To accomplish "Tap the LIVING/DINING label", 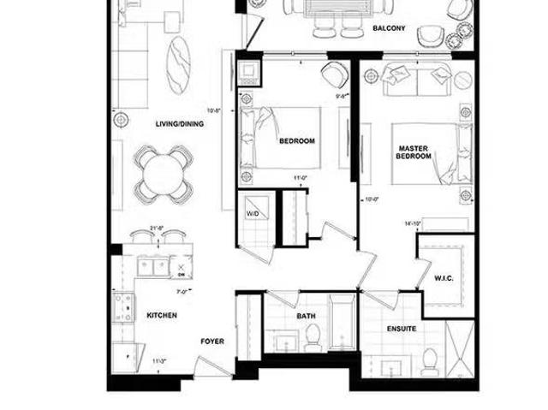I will (179, 123).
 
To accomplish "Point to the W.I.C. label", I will (444, 277).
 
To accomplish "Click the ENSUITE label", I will (402, 328).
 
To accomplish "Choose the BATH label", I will (306, 316).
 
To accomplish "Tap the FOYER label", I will (212, 342).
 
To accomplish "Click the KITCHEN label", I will (162, 315).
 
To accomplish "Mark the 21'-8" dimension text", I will (157, 227).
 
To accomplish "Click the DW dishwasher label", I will (182, 275).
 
